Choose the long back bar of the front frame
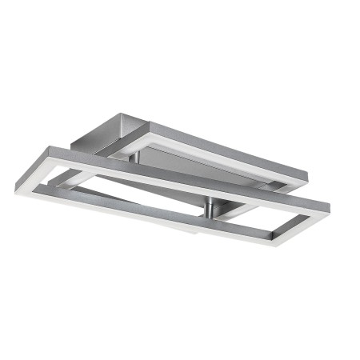coord(184,174)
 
